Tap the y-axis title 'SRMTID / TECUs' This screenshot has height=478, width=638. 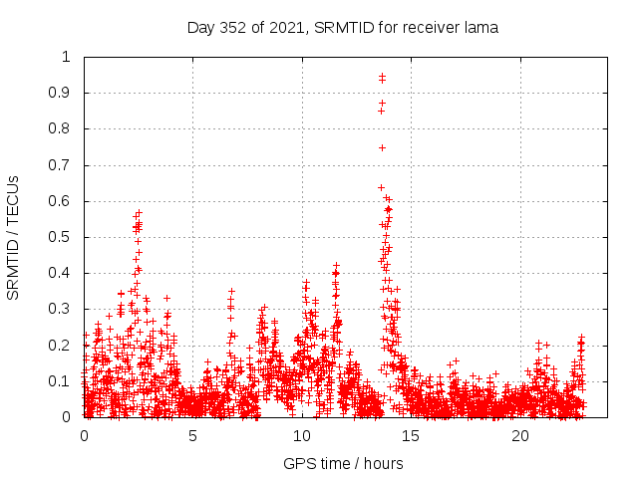[14, 237]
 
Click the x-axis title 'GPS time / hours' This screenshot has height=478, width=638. [343, 463]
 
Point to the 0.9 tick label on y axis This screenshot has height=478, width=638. [64, 93]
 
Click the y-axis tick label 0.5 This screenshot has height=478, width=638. [64, 237]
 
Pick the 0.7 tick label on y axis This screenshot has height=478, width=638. [64, 165]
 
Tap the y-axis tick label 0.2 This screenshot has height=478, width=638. [64, 346]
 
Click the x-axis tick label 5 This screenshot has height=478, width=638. [192, 435]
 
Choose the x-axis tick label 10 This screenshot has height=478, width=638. [302, 435]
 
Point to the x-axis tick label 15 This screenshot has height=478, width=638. [412, 435]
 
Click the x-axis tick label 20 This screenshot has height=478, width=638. [520, 435]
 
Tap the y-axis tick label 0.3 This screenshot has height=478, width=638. [64, 310]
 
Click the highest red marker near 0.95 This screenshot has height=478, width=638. [382, 76]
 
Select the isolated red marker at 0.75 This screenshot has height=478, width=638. [382, 147]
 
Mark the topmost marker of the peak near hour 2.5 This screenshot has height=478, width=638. [140, 212]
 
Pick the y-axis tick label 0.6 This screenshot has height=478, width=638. [64, 201]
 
